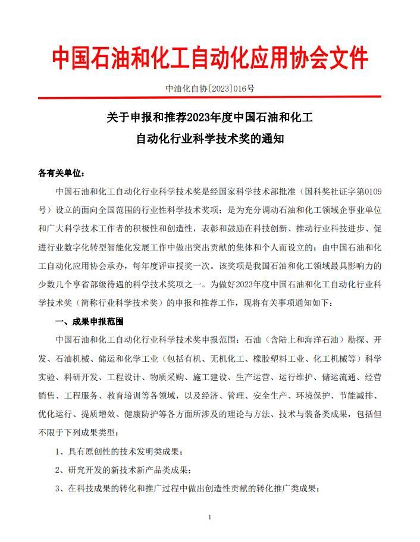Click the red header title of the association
[209, 58]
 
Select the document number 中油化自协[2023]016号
[209, 89]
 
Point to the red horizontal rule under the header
[209, 98]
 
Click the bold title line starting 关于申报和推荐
[209, 118]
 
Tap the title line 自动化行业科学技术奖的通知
[209, 140]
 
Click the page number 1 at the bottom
[210, 518]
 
